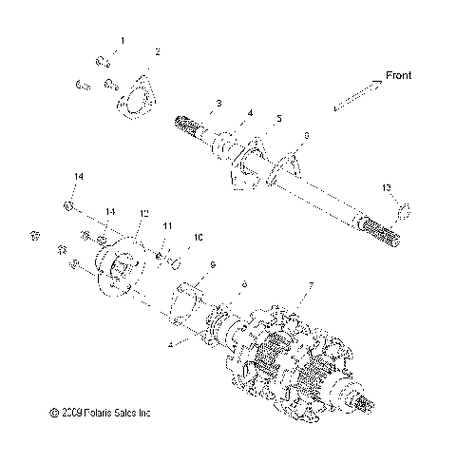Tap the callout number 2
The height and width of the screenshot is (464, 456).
[158, 50]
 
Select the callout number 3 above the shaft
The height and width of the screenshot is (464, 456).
[218, 103]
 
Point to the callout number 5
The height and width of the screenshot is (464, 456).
[278, 118]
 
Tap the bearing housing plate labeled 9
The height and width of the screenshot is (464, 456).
[187, 306]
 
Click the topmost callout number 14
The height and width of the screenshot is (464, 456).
[79, 177]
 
